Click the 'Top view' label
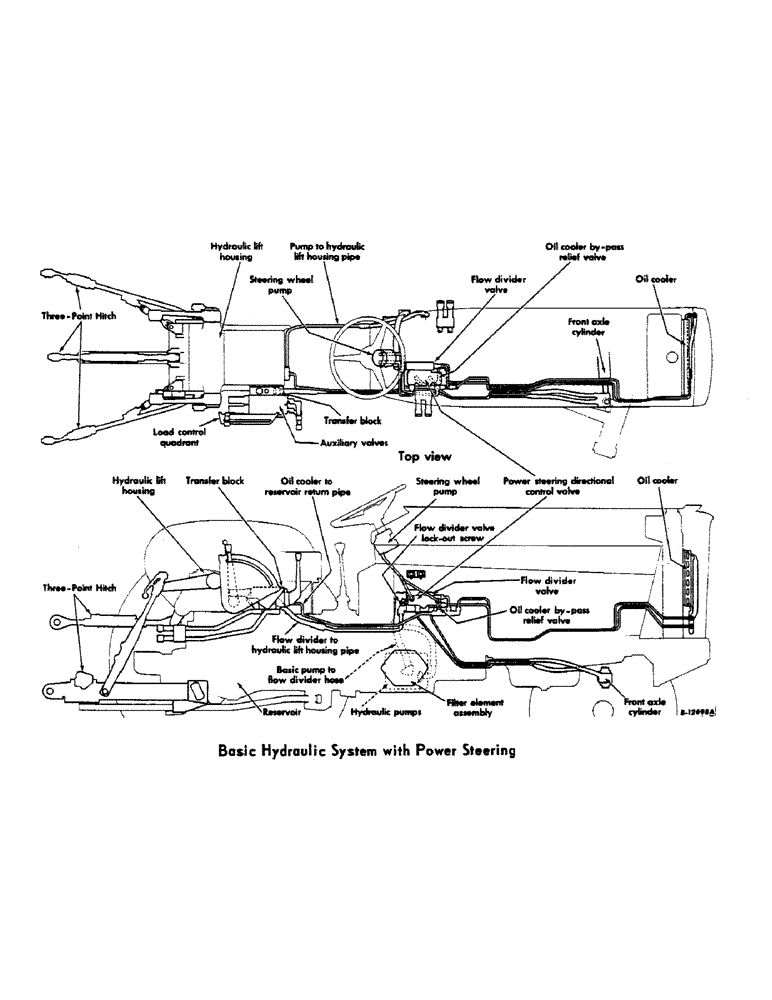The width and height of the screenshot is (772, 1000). point(425,456)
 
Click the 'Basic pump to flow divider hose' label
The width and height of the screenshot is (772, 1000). point(316,673)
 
